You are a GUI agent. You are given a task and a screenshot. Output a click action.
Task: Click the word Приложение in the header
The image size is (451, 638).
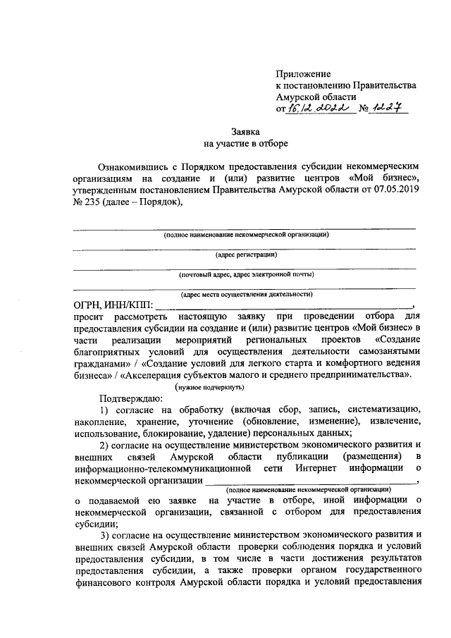[303, 73]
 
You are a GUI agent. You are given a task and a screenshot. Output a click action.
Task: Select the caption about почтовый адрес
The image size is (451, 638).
[246, 274]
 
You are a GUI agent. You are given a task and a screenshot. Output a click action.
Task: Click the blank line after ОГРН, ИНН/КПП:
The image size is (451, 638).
[282, 308]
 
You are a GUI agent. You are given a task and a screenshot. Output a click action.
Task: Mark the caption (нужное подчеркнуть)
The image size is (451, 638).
[210, 388]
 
